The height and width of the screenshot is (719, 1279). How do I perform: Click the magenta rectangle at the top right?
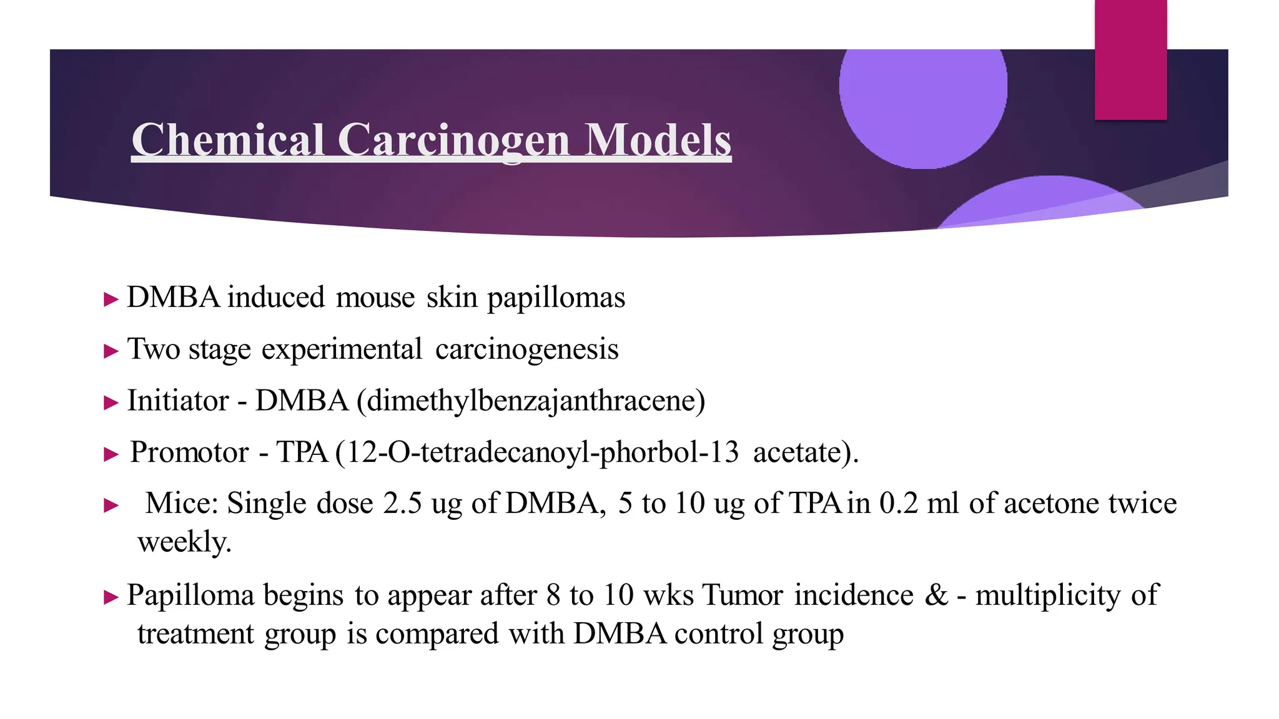coord(1130,59)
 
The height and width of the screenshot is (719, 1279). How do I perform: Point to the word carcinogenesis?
coord(526,350)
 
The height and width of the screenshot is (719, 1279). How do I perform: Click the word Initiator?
coord(178,401)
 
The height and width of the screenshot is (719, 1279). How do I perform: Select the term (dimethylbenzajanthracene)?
coord(531,401)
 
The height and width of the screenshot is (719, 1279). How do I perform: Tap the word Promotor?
coord(189,452)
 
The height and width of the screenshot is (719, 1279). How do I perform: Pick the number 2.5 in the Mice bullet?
coord(403,504)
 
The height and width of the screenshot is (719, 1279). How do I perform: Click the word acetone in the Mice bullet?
coord(1050,504)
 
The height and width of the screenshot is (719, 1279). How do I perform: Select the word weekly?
coord(184,542)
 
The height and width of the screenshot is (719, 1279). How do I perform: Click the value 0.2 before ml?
coord(899,504)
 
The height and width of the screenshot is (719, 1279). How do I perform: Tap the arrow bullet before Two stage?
coord(111,351)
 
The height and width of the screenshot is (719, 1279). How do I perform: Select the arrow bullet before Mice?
coord(111,505)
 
